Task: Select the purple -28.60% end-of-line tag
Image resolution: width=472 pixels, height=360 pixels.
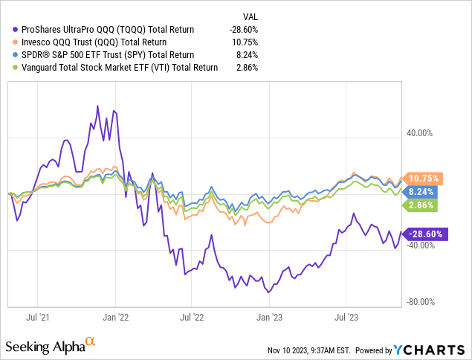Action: [x=424, y=234]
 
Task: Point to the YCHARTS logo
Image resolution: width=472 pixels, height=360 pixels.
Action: [x=434, y=350]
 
